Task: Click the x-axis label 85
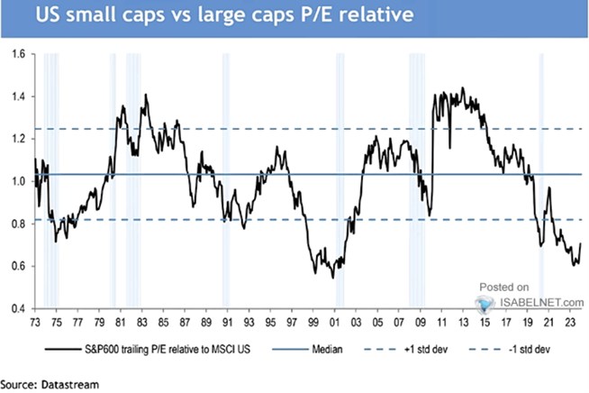(162, 320)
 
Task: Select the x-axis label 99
(313, 320)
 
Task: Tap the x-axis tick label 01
(334, 320)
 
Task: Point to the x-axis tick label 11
(441, 320)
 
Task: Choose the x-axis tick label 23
(570, 320)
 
